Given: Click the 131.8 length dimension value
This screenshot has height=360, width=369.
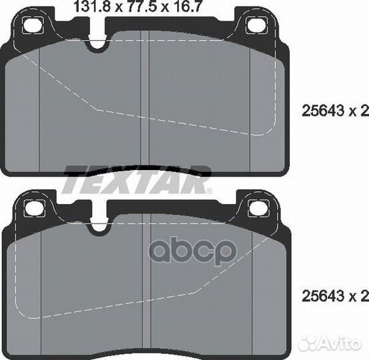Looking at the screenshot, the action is click(x=92, y=6).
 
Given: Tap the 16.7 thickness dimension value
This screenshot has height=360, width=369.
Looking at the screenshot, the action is click(x=188, y=6).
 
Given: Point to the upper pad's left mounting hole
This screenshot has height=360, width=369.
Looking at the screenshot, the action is click(x=33, y=25).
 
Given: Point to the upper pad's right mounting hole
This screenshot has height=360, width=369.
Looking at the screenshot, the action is click(x=256, y=25).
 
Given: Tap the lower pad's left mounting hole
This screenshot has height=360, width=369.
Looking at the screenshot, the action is click(x=35, y=208).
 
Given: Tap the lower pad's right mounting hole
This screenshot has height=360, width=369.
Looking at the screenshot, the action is click(x=259, y=208).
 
